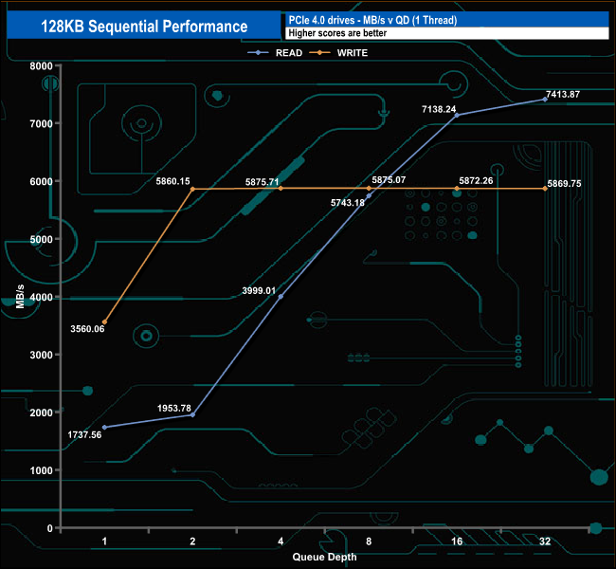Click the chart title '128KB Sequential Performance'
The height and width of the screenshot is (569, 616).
click(144, 27)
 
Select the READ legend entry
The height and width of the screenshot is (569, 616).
click(284, 53)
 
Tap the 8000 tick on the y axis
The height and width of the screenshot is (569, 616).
click(40, 65)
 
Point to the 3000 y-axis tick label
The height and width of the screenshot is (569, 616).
click(40, 355)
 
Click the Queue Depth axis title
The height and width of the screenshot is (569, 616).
click(325, 557)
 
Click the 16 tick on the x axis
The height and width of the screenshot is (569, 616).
click(456, 542)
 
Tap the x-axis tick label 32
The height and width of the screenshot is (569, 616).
click(544, 542)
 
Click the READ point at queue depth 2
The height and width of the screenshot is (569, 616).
click(192, 414)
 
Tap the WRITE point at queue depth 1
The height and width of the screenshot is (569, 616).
click(104, 322)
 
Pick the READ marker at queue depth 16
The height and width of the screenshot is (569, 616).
click(456, 115)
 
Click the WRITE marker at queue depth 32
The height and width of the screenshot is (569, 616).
click(544, 189)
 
